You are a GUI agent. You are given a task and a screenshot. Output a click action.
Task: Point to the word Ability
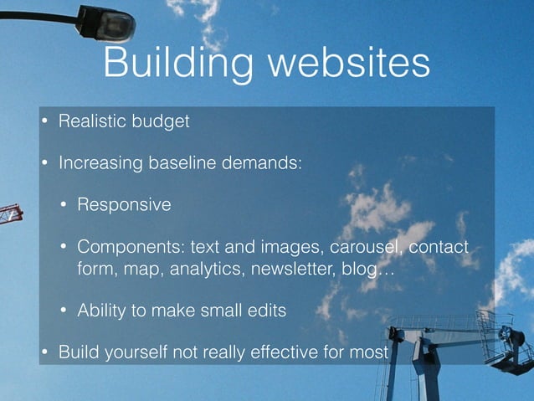click(102, 311)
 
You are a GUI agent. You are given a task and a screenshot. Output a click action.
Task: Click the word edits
click(265, 311)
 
